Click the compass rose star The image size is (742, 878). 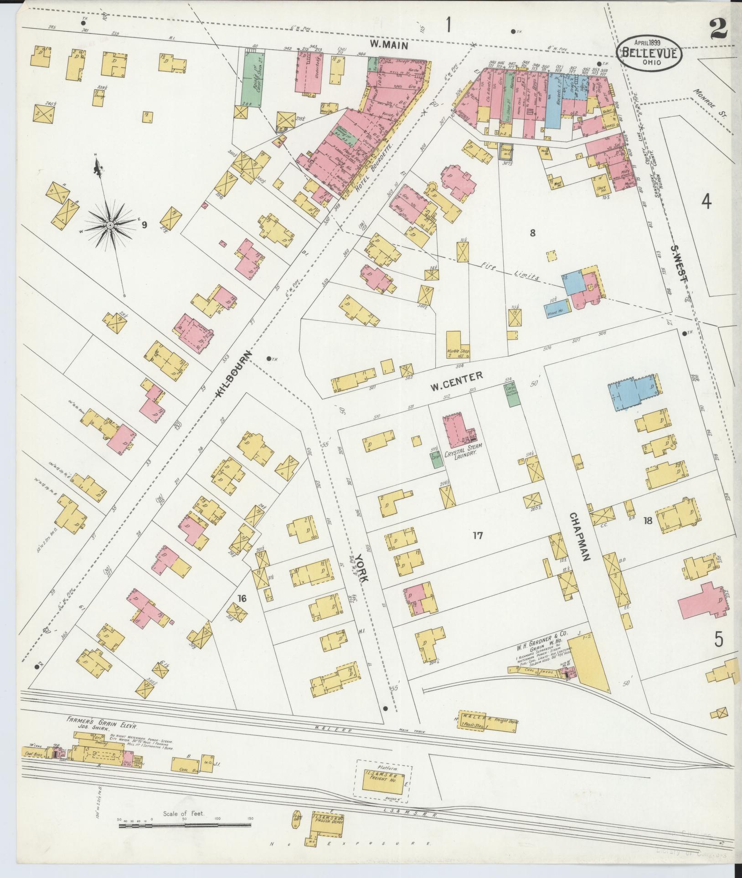pos(110,225)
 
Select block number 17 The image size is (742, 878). pos(477,535)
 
